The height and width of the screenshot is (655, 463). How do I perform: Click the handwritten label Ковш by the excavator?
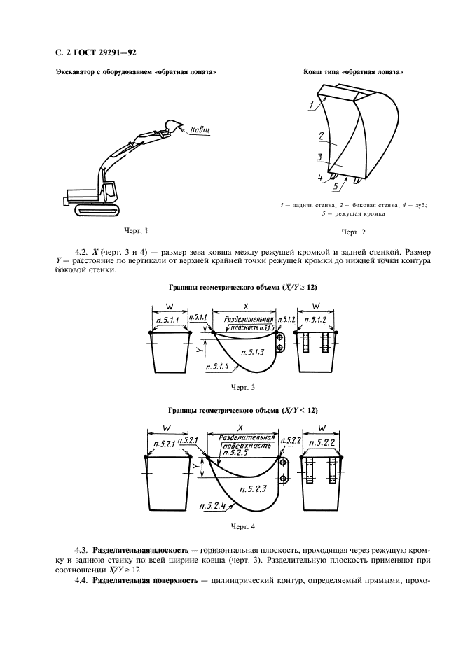click(200, 130)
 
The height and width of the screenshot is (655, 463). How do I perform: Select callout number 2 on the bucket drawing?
click(319, 136)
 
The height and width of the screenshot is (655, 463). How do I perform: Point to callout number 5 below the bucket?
click(336, 187)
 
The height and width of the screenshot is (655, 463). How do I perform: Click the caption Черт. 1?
click(138, 230)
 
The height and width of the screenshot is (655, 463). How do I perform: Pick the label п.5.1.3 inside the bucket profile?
click(251, 352)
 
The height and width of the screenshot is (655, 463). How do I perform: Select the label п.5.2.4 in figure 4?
click(212, 505)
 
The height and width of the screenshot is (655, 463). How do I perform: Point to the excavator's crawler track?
click(95, 209)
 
